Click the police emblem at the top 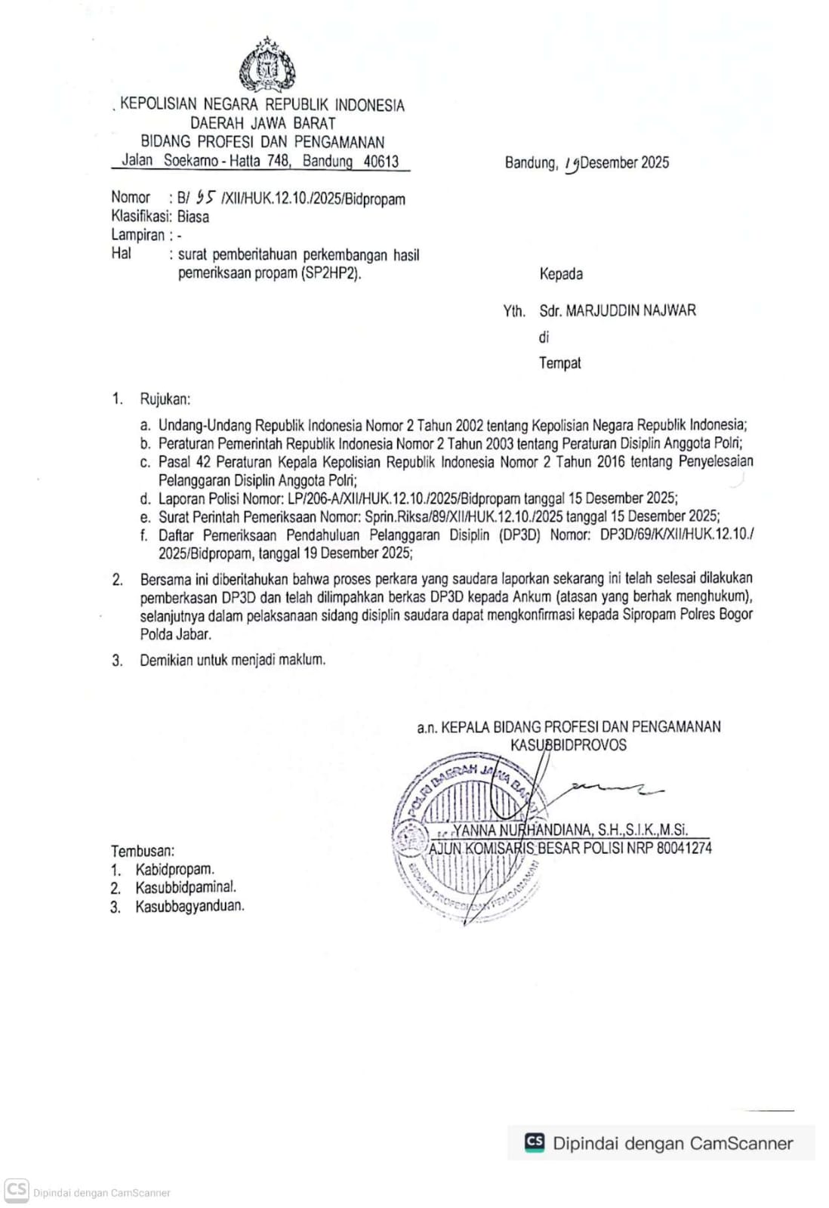(x=267, y=66)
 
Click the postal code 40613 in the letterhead (x=381, y=161)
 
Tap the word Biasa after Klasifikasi (x=193, y=217)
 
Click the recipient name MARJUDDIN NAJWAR (x=630, y=310)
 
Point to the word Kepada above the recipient (x=561, y=274)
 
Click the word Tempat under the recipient (x=560, y=363)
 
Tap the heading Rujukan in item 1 (x=165, y=399)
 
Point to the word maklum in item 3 (x=302, y=660)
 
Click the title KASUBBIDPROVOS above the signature (x=568, y=745)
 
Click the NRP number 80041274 (x=684, y=848)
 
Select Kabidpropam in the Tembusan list (x=175, y=869)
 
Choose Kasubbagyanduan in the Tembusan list (x=190, y=906)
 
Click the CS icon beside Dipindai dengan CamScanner (x=535, y=1142)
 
